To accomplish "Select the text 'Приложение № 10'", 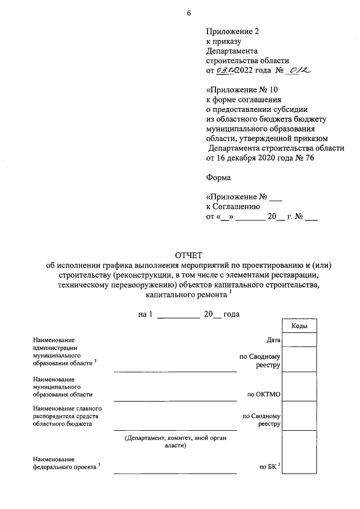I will click(x=242, y=89).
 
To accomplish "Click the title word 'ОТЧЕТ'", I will click(x=188, y=255).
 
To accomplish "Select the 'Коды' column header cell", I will click(x=299, y=326).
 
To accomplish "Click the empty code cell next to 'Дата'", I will click(x=299, y=340).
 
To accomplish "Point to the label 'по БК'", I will click(x=269, y=466).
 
